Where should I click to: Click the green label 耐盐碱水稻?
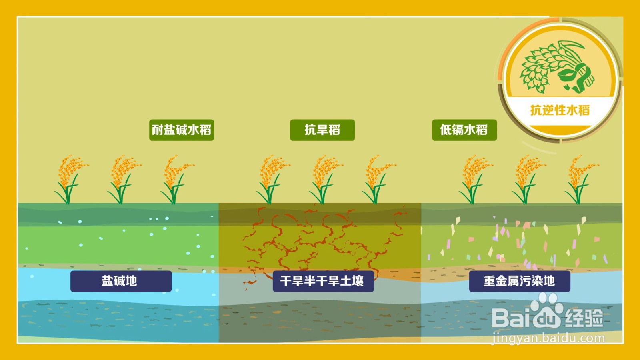pos(182,130)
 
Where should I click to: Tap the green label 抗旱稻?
pos(322,130)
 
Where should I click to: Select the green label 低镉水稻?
pos(464,130)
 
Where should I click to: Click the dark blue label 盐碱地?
pos(121,281)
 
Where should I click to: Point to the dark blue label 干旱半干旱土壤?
pos(323,281)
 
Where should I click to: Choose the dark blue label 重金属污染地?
pos(520,281)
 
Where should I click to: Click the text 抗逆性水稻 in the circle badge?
pos(560,110)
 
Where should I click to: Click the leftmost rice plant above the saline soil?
pos(71,180)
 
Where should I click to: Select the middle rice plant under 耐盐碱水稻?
pos(124,180)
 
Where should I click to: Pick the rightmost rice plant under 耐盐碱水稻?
pos(178,180)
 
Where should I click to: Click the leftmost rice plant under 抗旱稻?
pos(273,180)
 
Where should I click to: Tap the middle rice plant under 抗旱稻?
pos(326,180)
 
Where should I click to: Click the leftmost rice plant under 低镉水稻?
pos(476,180)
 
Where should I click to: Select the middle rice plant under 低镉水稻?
pos(529,180)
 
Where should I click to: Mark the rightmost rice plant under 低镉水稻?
pos(582,180)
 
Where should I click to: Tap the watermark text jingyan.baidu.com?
pos(548,338)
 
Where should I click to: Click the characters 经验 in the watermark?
pos(584,318)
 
